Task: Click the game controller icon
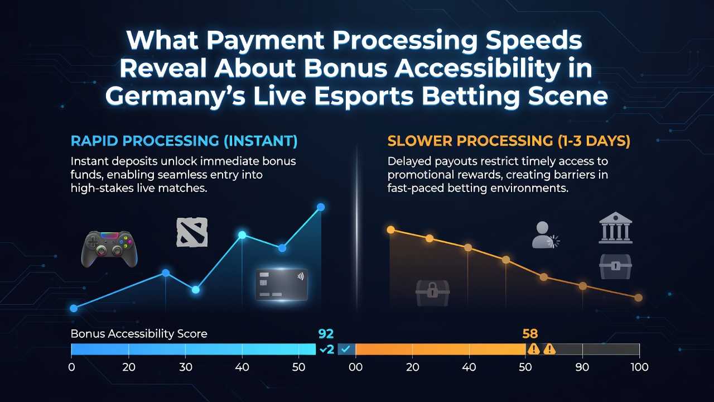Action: [x=109, y=249]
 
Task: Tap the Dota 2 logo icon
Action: [x=192, y=232]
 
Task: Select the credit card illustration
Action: [x=282, y=285]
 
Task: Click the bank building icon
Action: [x=615, y=227]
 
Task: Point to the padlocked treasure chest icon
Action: [x=432, y=293]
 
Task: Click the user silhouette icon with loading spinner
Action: [x=545, y=235]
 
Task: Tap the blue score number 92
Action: [x=326, y=334]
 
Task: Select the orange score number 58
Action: [x=530, y=334]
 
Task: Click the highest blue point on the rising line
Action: [x=321, y=207]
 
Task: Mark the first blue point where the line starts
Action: [x=74, y=308]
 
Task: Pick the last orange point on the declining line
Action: [x=638, y=298]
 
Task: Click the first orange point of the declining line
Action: [x=391, y=229]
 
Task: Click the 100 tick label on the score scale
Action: [x=639, y=367]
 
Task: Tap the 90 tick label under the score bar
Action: [x=582, y=367]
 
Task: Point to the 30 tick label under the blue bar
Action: [x=186, y=367]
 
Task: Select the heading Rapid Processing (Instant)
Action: [x=184, y=141]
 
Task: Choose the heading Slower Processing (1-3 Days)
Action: [x=509, y=141]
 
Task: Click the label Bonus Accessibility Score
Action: [x=139, y=334]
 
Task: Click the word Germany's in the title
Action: [x=175, y=97]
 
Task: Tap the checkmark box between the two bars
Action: [x=346, y=350]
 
